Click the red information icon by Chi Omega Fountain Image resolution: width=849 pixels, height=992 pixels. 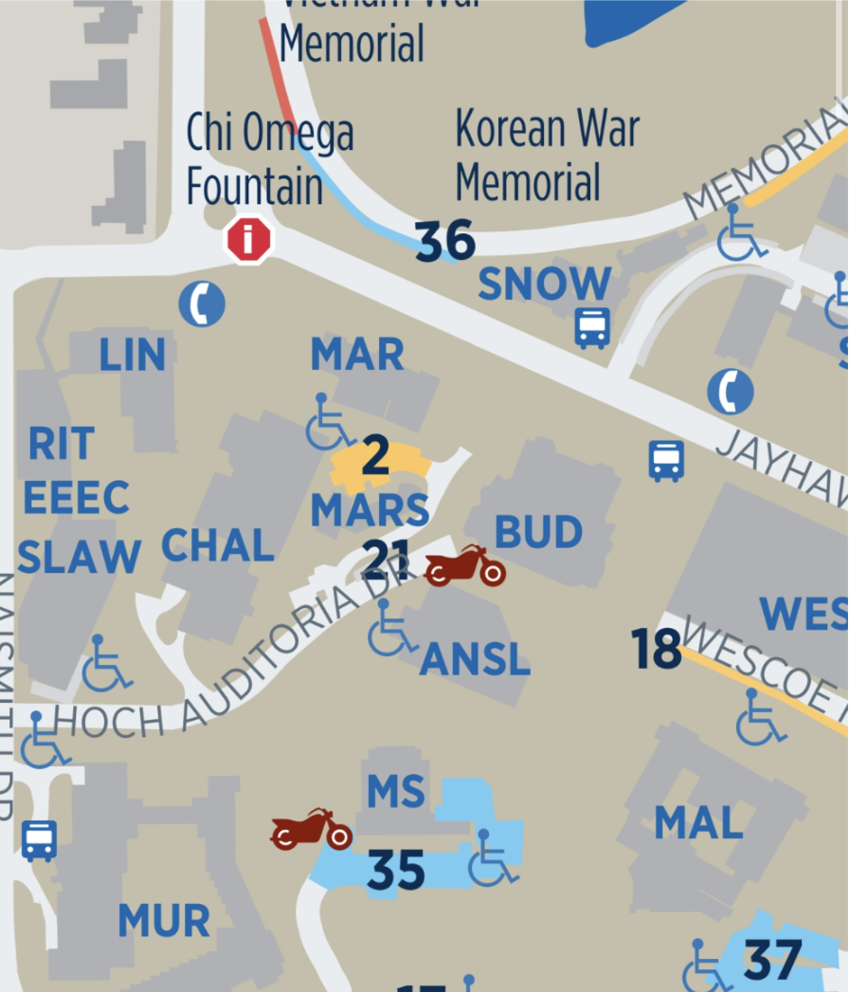pos(248,240)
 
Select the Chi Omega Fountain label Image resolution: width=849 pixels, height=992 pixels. pos(269,159)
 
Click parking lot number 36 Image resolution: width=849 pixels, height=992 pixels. pos(444,242)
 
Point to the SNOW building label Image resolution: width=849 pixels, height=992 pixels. pos(545,284)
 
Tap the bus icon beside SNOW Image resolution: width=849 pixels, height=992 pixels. pos(592,328)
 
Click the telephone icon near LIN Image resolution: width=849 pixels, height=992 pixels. pos(202,304)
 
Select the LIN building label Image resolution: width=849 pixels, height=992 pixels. pos(133,355)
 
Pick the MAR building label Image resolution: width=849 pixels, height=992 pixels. pos(357,355)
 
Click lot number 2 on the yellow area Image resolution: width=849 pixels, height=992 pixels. pos(375,457)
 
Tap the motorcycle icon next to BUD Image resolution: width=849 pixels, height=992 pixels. pos(464,566)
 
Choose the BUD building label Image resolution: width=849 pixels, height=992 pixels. pos(538,533)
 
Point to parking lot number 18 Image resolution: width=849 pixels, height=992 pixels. pos(656,650)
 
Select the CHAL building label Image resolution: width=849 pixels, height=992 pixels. pos(218,545)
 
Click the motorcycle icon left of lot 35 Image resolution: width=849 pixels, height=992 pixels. pos(311,830)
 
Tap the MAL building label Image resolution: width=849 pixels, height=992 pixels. pos(698,823)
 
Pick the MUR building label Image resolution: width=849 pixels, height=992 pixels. pos(164,921)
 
